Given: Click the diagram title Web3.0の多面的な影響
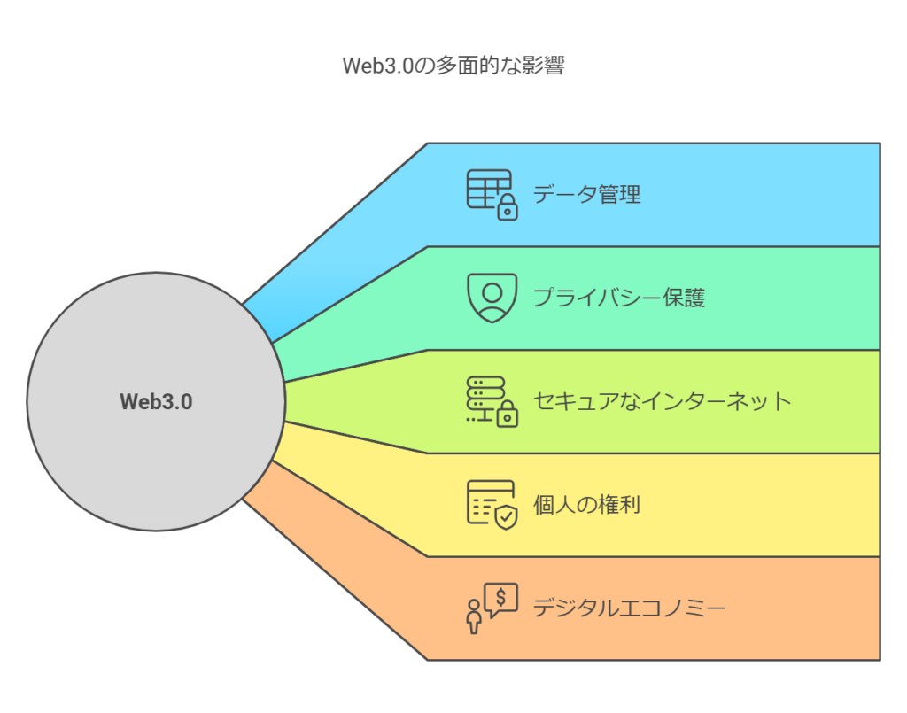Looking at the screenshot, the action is [453, 66].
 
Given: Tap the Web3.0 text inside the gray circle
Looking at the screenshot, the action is [156, 402].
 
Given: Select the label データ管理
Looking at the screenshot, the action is [586, 194].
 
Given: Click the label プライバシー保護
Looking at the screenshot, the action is [619, 298].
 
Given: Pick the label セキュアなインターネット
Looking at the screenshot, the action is [662, 400].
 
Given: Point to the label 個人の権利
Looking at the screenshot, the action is [586, 504].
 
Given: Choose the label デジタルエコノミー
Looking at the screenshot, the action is [630, 608].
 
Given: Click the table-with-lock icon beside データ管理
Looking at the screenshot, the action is [492, 195].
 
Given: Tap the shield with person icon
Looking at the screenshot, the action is [492, 298].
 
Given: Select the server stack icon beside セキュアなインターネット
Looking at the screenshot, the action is [492, 401].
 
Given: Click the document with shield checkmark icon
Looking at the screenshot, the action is [492, 505].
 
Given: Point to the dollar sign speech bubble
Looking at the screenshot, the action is [501, 600].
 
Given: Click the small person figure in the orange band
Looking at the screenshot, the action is [475, 616].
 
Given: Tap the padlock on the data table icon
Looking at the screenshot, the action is [508, 207].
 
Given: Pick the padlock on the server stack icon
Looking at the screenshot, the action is [508, 414].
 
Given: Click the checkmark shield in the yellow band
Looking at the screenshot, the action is [507, 517].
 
